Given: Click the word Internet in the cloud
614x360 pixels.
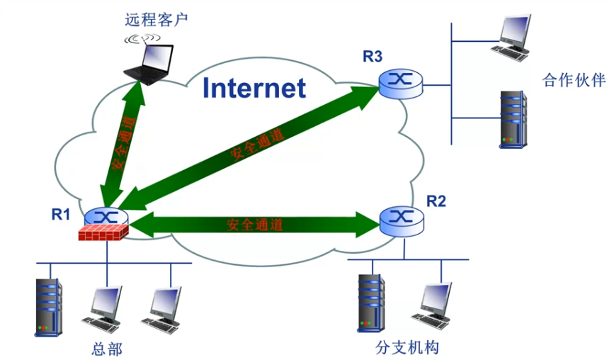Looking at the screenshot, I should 254,88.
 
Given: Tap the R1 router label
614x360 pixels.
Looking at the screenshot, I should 62,212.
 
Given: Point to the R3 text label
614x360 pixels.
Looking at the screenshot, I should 373,57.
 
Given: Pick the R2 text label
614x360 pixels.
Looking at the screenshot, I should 436,201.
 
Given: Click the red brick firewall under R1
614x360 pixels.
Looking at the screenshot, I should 103,232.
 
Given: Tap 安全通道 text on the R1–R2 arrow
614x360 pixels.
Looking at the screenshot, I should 255,225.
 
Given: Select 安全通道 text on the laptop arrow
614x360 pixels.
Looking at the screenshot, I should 123,142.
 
